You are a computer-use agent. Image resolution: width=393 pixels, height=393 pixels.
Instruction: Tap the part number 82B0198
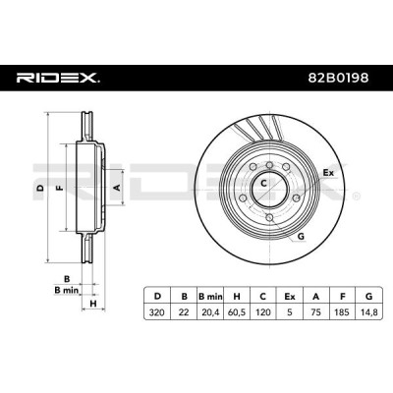[338, 78]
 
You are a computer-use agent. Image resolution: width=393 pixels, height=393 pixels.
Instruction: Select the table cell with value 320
[157, 312]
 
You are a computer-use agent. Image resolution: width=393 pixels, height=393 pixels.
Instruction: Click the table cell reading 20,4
[210, 312]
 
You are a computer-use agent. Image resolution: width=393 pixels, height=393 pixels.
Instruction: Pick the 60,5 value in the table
[237, 312]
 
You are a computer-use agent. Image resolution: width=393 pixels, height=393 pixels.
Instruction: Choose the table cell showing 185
[343, 312]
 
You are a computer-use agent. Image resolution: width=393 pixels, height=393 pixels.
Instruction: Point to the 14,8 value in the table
[368, 312]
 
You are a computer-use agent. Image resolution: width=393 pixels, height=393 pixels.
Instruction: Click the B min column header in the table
[210, 297]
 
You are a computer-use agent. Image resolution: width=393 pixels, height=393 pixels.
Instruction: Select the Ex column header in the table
[290, 297]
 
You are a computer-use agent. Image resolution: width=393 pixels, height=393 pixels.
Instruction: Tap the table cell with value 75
[316, 312]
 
